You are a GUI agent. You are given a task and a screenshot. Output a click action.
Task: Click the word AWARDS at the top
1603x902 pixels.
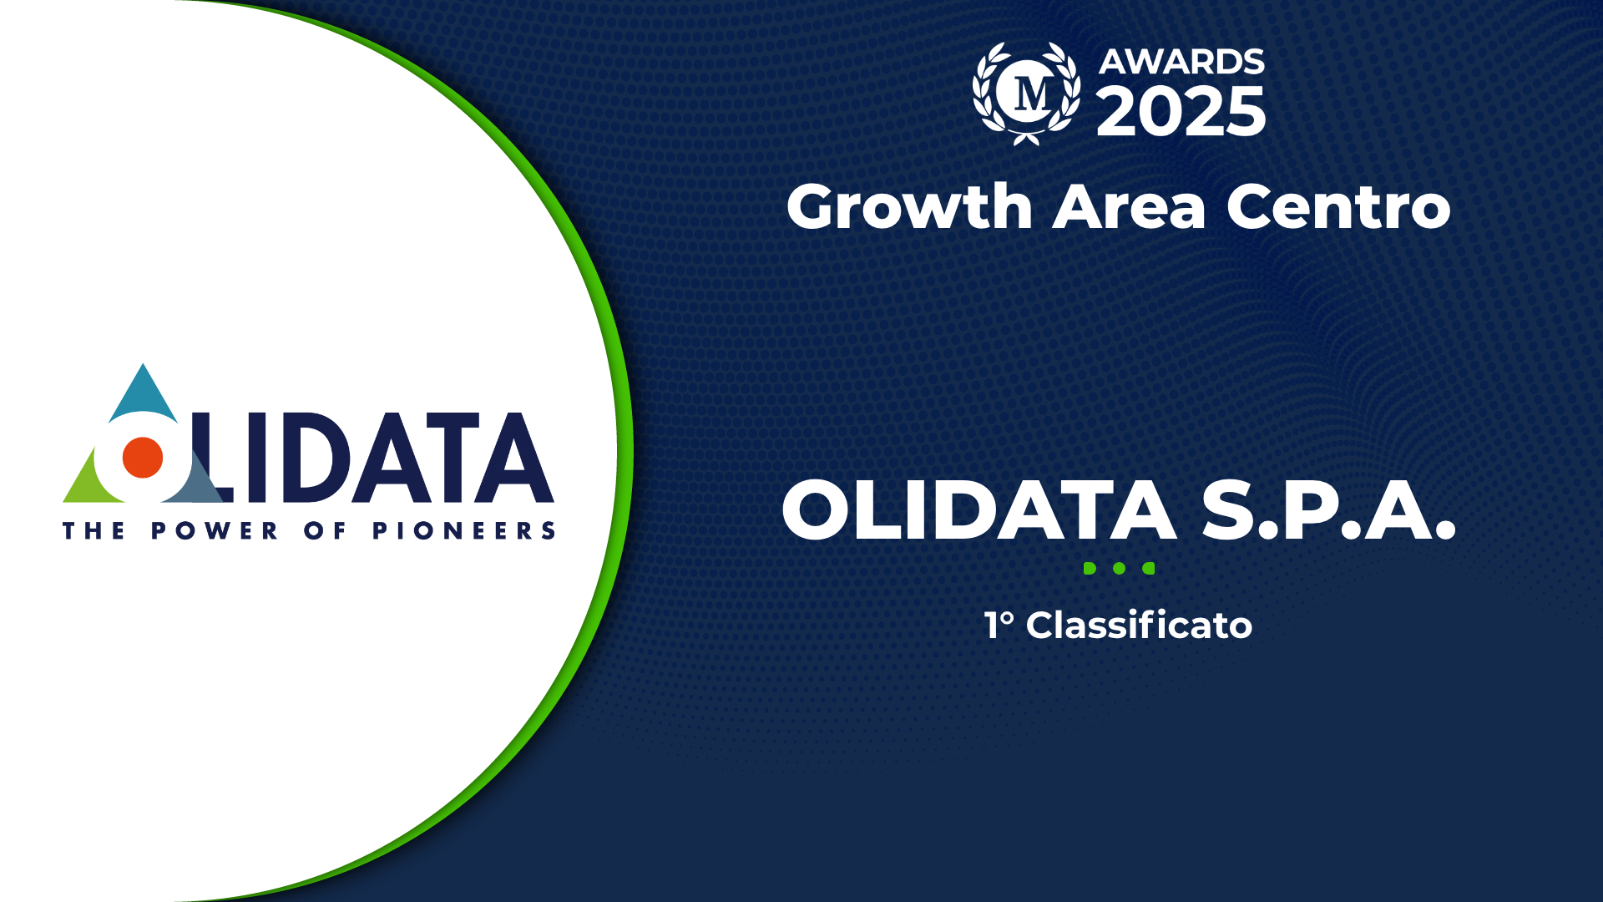[x=1181, y=62]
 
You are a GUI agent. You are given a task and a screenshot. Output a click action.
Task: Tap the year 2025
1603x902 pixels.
[x=1181, y=111]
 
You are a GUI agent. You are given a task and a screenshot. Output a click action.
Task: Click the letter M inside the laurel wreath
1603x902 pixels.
[x=1033, y=94]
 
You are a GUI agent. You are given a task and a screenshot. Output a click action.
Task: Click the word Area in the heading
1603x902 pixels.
[x=1129, y=207]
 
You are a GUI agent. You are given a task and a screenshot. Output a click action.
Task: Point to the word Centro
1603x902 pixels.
[x=1338, y=206]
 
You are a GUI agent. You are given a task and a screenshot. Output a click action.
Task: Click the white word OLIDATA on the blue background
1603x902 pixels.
[x=979, y=510]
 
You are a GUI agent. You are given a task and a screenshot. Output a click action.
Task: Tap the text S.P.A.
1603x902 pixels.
[x=1328, y=510]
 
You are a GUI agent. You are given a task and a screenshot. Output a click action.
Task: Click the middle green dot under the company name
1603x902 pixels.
[x=1120, y=568]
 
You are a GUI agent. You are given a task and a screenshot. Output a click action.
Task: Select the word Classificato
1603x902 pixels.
[x=1139, y=625]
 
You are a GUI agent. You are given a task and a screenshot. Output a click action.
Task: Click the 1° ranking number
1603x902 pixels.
[x=999, y=625]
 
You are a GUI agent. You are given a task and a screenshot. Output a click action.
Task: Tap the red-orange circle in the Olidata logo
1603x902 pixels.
[x=143, y=458]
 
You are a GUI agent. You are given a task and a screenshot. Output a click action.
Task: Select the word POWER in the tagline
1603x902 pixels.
[x=214, y=530]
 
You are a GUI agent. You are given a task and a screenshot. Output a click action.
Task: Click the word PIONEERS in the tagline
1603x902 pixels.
[x=463, y=530]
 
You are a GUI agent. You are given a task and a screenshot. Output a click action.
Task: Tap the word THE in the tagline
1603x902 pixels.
[x=94, y=530]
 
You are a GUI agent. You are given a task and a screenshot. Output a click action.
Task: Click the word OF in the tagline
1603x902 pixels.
[x=325, y=530]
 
